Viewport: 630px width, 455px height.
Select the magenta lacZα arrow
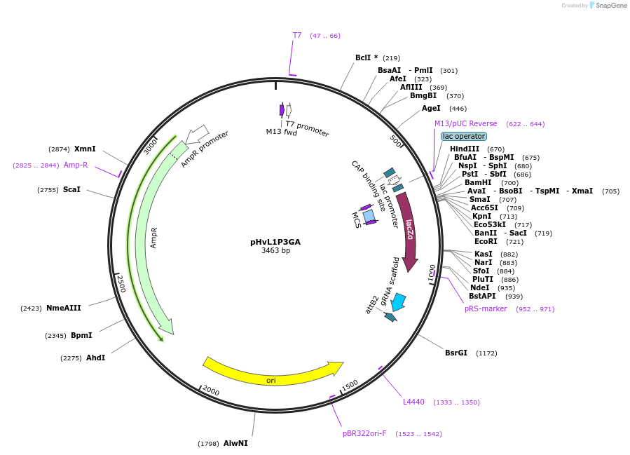pos(408,231)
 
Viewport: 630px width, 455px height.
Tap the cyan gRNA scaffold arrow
pos(397,302)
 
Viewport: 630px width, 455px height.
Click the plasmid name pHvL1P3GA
pos(275,242)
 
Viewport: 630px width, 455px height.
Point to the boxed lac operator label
pos(464,136)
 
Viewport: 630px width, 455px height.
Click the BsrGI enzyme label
pos(456,353)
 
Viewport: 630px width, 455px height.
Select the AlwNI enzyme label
pos(235,443)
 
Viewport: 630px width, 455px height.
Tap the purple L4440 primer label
pos(413,402)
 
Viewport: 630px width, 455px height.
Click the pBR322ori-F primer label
pos(364,433)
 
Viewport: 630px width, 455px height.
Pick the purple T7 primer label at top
pos(297,35)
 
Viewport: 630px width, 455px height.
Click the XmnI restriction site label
pos(85,149)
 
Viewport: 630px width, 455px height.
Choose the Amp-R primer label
pos(76,165)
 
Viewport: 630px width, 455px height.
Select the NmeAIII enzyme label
pos(64,308)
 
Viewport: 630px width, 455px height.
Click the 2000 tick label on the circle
pos(211,392)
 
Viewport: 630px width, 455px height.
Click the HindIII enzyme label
pos(465,149)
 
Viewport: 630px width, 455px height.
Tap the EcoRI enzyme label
pos(486,241)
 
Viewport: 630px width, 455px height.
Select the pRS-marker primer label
pos(486,308)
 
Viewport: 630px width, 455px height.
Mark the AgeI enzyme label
pos(431,108)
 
